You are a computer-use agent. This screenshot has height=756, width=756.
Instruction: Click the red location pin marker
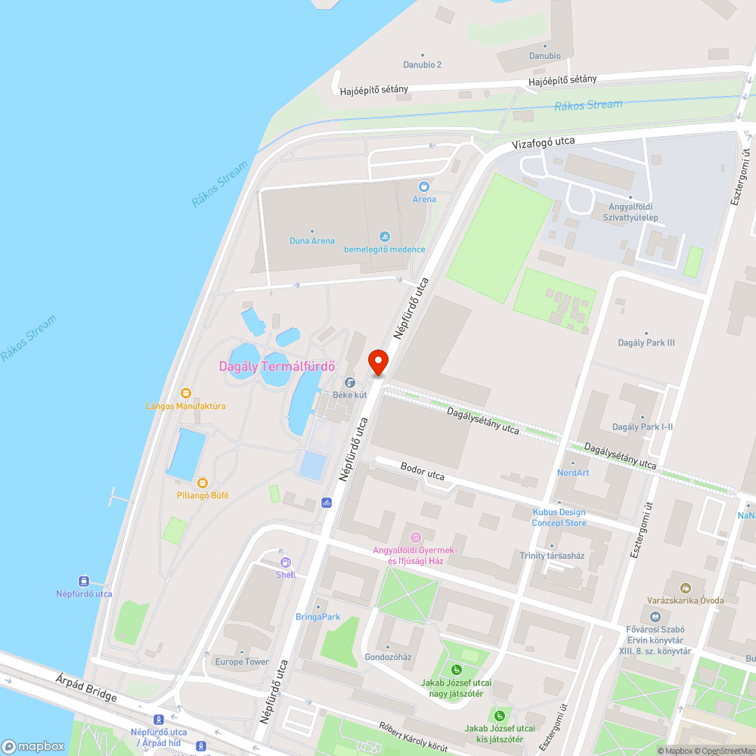[x=378, y=362]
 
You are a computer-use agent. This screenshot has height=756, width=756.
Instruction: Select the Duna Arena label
[x=311, y=241]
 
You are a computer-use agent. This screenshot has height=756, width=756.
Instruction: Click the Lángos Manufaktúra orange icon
[x=186, y=393]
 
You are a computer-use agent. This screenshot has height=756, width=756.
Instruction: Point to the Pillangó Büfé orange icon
[x=202, y=482]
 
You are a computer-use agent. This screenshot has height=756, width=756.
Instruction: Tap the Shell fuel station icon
[x=286, y=562]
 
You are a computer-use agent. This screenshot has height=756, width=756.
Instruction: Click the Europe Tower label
[x=241, y=661]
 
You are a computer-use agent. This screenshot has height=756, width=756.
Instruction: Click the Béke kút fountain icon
[x=350, y=383]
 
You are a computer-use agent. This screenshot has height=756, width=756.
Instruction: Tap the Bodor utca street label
[x=423, y=472]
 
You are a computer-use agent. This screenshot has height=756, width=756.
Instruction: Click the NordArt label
[x=572, y=472]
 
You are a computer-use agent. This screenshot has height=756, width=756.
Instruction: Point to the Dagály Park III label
[x=646, y=342]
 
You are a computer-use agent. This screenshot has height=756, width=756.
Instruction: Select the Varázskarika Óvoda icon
[x=685, y=587]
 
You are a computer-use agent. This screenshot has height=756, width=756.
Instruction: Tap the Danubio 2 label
[x=422, y=65]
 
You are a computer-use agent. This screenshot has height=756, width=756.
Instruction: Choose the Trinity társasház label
[x=552, y=556]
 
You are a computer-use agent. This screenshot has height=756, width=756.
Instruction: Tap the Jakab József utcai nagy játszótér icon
[x=456, y=670]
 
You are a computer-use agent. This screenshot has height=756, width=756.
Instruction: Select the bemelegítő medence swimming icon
[x=385, y=237]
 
